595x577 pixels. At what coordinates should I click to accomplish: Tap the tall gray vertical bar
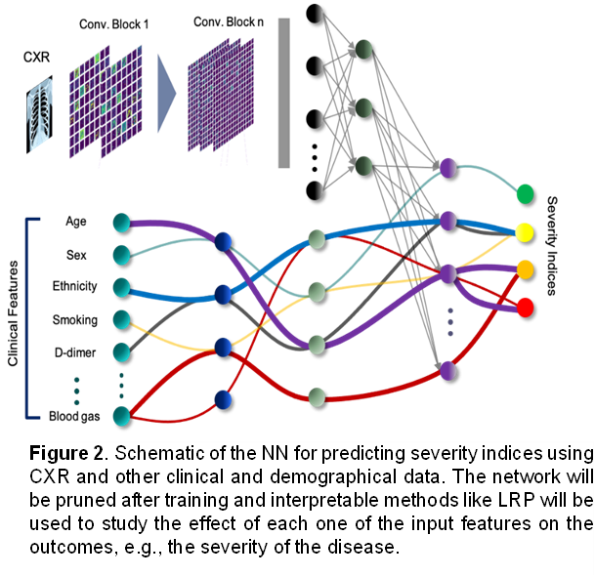[284, 92]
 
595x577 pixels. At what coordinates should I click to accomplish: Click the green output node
[526, 193]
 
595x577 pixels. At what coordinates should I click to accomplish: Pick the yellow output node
[526, 232]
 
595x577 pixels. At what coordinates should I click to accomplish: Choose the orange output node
[526, 268]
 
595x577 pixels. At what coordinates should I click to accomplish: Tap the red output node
[526, 307]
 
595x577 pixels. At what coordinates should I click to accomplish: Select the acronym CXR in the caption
[53, 477]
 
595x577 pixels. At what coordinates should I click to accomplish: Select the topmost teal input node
[121, 223]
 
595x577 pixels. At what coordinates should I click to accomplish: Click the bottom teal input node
[121, 417]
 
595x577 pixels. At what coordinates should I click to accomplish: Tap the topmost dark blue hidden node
[224, 242]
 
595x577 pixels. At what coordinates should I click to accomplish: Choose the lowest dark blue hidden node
[224, 399]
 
